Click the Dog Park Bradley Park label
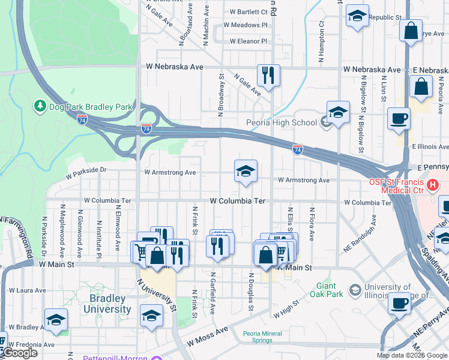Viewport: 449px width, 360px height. [90, 107]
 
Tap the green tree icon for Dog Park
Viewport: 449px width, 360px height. [40, 106]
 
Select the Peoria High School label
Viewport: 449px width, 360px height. [282, 123]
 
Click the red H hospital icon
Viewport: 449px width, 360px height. [431, 186]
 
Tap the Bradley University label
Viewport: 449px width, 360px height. [102, 304]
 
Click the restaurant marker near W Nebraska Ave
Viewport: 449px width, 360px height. [268, 76]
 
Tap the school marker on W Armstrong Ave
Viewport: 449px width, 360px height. [245, 172]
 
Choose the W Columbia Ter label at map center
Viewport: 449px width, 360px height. [238, 201]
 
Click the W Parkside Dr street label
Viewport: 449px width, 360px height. [86, 173]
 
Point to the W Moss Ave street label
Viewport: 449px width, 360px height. [207, 337]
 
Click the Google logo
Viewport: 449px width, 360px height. [20, 353]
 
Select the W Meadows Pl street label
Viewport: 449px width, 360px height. [245, 25]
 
